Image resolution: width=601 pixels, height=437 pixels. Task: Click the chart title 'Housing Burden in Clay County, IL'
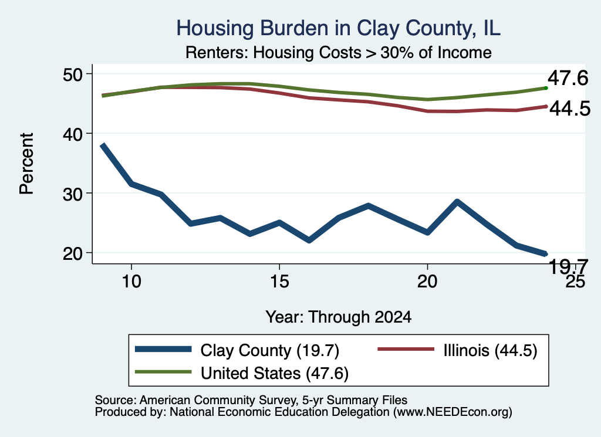[x=338, y=28]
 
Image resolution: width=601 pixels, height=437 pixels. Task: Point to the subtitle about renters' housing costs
[x=339, y=52]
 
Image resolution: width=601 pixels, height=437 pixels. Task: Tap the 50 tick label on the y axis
[x=73, y=74]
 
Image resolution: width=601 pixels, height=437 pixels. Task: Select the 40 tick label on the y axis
[x=73, y=134]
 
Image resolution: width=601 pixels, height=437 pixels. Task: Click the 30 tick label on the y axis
[x=73, y=194]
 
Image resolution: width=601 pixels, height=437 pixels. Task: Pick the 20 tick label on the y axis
[x=73, y=253]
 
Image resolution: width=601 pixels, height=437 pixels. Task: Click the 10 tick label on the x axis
[x=131, y=282]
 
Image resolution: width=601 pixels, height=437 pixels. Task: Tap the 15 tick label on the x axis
[x=279, y=282]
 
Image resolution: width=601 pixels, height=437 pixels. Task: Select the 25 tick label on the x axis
[x=575, y=282]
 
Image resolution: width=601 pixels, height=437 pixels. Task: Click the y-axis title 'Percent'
[x=26, y=164]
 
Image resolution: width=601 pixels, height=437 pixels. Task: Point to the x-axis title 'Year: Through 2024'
[x=339, y=317]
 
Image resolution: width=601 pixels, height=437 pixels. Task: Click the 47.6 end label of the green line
[x=568, y=78]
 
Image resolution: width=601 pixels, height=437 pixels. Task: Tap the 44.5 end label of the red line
[x=570, y=109]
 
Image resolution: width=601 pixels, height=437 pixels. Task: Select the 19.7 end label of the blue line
[x=568, y=266]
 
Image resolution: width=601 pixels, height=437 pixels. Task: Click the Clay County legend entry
[x=237, y=350]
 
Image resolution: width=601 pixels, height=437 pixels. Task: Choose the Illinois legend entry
[x=458, y=350]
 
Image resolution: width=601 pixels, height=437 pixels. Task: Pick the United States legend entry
[x=242, y=373]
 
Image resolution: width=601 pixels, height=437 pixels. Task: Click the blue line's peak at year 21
[x=457, y=202]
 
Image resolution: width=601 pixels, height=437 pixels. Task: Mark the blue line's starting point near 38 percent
[x=102, y=145]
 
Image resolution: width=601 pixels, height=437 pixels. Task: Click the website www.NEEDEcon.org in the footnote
[x=453, y=412]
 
